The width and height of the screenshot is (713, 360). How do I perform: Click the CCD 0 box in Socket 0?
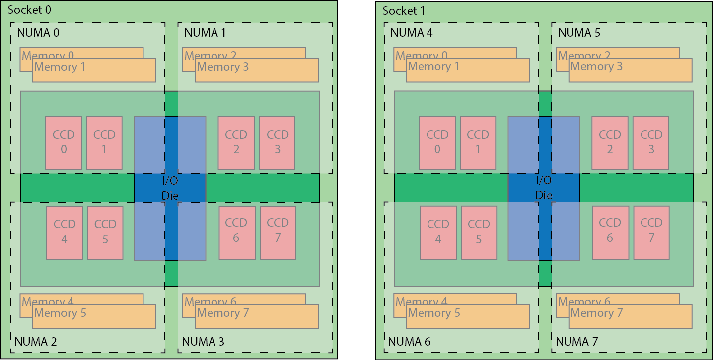(64, 143)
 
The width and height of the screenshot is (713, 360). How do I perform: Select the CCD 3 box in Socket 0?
(277, 143)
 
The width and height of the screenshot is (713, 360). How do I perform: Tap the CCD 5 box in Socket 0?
(105, 232)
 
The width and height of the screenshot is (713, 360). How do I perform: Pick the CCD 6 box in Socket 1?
(610, 232)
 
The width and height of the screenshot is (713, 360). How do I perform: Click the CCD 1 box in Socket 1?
(478, 143)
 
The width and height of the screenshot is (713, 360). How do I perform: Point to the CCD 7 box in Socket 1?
(651, 232)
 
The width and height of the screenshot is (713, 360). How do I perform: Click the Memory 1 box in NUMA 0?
(94, 71)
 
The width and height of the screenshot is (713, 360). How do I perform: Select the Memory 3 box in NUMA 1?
(257, 71)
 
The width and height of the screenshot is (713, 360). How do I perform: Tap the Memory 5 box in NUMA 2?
(94, 317)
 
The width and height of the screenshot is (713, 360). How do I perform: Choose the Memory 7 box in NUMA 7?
(630, 317)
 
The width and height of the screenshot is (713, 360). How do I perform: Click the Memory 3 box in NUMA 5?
(630, 71)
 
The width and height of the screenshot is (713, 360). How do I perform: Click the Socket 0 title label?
(29, 10)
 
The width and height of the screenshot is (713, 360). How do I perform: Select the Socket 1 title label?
(404, 11)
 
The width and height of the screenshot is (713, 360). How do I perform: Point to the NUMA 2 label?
(36, 342)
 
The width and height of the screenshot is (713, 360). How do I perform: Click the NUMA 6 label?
(409, 342)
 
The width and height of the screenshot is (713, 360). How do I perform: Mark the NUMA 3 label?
(203, 342)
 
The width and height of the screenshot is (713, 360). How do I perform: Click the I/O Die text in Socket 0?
(170, 188)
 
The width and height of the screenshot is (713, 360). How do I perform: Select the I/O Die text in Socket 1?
(544, 188)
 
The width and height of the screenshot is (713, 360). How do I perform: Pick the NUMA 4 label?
(412, 33)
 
